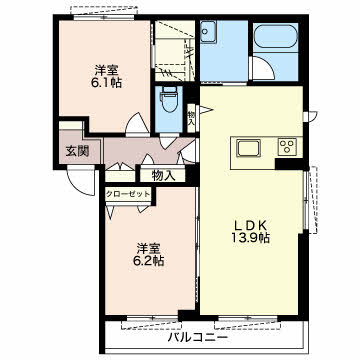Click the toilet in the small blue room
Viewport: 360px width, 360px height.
point(169,99)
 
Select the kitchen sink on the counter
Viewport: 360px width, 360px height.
point(248,148)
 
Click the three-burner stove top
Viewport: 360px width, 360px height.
point(287,146)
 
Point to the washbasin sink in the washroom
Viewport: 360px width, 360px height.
point(208,31)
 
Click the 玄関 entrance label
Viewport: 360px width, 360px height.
point(77,151)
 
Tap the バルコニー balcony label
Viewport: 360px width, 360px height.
point(198,338)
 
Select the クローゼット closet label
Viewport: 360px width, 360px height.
point(128,194)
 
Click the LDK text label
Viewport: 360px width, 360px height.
point(251,226)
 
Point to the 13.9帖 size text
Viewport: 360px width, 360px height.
point(251,238)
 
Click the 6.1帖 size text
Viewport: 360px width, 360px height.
point(107,82)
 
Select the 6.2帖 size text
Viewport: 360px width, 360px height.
point(149,260)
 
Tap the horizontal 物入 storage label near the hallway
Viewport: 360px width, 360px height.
point(164,176)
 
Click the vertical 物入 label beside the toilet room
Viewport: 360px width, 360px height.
point(191,117)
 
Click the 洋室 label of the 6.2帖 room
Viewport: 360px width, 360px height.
point(149,248)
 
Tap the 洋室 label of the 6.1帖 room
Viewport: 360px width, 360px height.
point(107,71)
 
